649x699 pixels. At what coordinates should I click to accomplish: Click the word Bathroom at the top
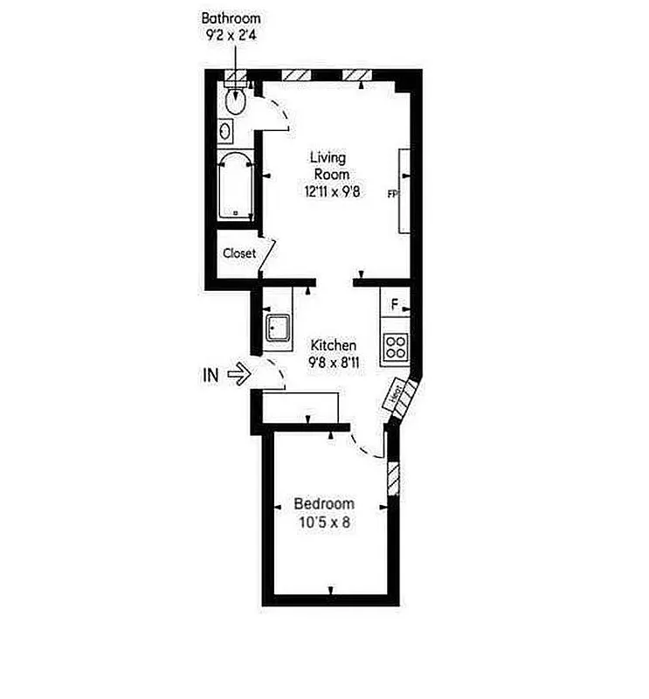coord(231,17)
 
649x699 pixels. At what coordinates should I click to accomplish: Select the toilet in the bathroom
coord(235,101)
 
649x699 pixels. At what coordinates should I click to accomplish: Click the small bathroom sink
coord(225,132)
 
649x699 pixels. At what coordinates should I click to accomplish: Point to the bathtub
coord(234,186)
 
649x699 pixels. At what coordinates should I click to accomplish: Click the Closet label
coord(239,253)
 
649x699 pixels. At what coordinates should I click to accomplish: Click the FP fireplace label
coord(392,195)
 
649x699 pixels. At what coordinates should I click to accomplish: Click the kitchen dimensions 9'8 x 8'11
coord(333,363)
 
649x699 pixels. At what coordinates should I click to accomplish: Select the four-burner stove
coord(397,346)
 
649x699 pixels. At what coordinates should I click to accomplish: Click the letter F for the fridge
coord(395,305)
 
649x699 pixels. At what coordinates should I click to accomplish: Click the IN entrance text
coord(211,376)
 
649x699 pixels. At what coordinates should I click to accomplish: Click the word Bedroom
coord(324,504)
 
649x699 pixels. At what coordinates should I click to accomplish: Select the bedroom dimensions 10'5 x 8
coord(324,523)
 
